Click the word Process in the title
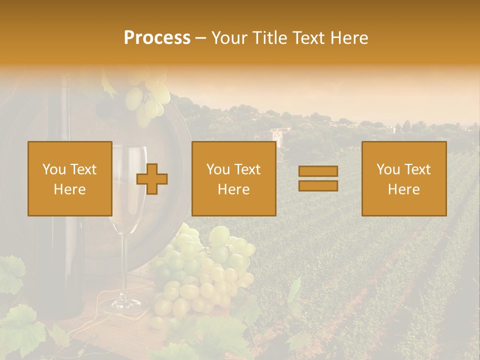[x=157, y=38]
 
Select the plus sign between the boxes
[x=152, y=179]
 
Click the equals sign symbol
[x=318, y=178]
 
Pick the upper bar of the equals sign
[x=318, y=171]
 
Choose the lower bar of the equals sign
[x=318, y=185]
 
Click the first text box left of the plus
[x=69, y=178]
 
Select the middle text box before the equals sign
[x=233, y=178]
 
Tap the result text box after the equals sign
[x=404, y=178]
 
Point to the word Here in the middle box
[x=233, y=189]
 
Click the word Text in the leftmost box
[x=83, y=169]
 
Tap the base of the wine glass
[x=122, y=306]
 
